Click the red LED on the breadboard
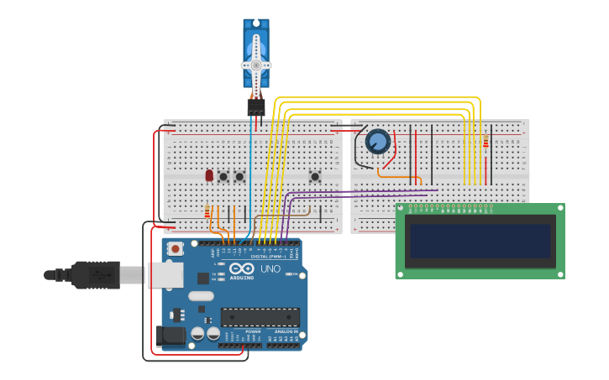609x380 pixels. click(x=209, y=175)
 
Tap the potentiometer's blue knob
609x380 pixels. click(x=378, y=142)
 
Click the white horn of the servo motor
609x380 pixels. click(x=256, y=65)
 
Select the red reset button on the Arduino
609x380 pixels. click(x=175, y=248)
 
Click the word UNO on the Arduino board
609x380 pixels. click(x=270, y=269)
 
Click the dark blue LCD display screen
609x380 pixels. click(x=480, y=240)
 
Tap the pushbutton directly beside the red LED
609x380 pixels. click(x=223, y=176)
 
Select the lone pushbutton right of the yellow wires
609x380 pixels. click(x=315, y=176)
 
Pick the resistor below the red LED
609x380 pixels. click(x=207, y=212)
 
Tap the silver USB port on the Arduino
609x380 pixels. click(x=165, y=274)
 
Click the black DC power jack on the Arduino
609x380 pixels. click(x=171, y=336)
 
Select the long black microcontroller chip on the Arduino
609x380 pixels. click(x=260, y=317)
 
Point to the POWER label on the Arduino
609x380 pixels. click(x=253, y=331)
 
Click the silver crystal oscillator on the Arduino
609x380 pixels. click(x=201, y=295)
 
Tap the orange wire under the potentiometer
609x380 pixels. click(x=398, y=176)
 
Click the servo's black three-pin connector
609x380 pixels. click(x=256, y=107)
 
